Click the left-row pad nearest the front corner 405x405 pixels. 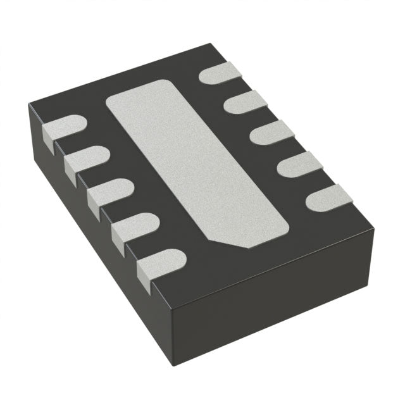pyautogui.click(x=161, y=262)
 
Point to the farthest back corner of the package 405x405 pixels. pyautogui.click(x=209, y=44)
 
